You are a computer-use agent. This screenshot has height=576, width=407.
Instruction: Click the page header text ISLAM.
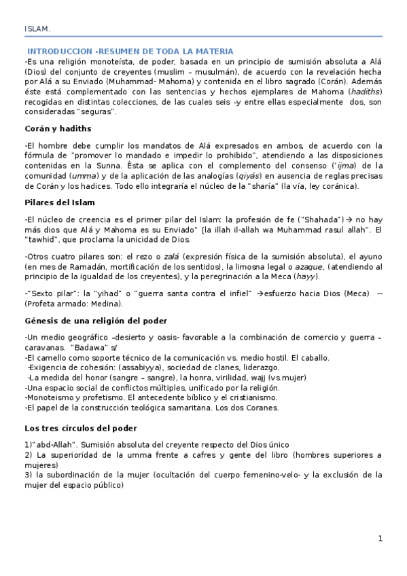pyautogui.click(x=37, y=29)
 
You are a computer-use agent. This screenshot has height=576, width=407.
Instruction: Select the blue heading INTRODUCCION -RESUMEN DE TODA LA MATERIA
pyautogui.click(x=130, y=52)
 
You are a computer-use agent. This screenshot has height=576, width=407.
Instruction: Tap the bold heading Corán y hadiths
pyautogui.click(x=57, y=128)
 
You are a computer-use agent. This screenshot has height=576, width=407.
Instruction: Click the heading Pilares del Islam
pyautogui.click(x=59, y=202)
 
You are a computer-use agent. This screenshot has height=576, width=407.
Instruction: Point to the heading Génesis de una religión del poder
pyautogui.click(x=95, y=320)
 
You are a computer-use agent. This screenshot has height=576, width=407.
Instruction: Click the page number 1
pyautogui.click(x=381, y=539)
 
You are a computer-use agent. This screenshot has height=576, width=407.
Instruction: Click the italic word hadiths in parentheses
pyautogui.click(x=366, y=91)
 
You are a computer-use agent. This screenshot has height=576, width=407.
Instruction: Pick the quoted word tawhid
pyautogui.click(x=40, y=239)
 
